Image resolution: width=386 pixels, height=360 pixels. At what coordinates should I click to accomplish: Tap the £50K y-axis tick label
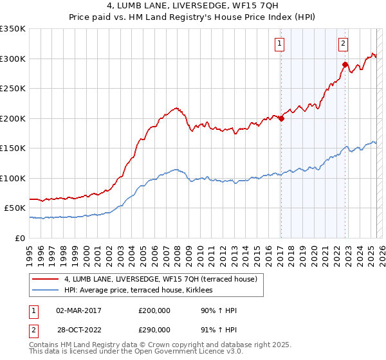pos(15,208)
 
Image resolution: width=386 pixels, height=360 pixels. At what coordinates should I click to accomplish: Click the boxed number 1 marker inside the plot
pos(280,44)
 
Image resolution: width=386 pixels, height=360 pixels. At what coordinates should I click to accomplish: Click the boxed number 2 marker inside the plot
pos(344,44)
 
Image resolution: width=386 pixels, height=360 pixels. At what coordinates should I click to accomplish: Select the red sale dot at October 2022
pos(345,65)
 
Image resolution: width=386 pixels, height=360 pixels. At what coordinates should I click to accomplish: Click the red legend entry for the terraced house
pos(161,279)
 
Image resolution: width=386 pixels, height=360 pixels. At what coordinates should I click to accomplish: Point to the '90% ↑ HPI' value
pos(219,310)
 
